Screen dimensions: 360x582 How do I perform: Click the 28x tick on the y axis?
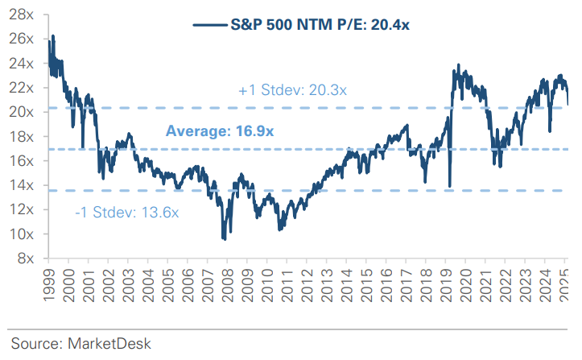pos(22,14)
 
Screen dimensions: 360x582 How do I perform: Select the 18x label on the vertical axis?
pos(22,137)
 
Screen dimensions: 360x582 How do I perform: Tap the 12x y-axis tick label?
pos(22,210)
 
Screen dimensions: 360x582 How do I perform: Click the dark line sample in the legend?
pos(211,25)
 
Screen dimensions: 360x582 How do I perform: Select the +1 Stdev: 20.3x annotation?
pos(293,91)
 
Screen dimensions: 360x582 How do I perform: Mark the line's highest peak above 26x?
pos(53,36)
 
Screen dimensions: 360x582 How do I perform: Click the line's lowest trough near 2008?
pos(223,239)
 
